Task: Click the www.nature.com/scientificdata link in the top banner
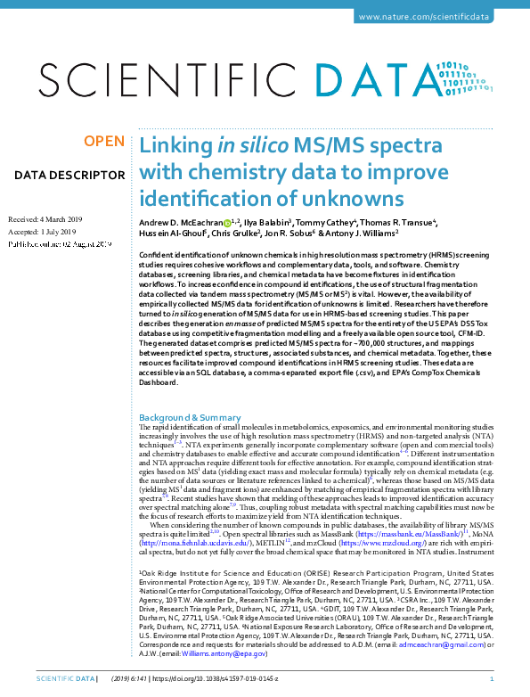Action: coord(436,17)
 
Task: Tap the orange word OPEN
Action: coord(103,142)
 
